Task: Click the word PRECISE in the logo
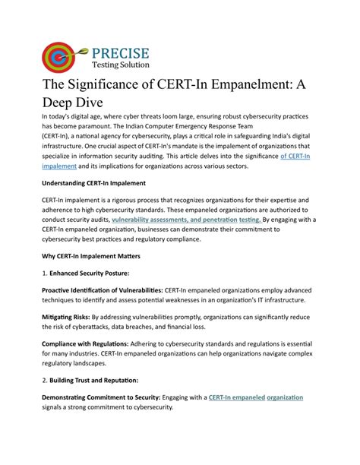coord(122,53)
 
